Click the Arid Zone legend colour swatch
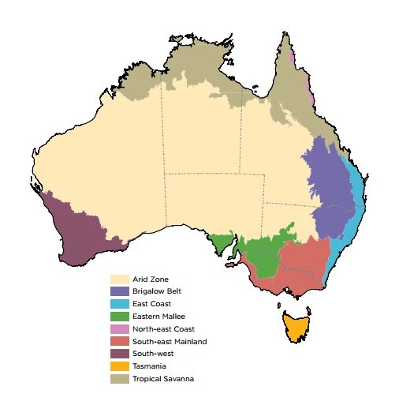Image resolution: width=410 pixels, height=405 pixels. click(120, 279)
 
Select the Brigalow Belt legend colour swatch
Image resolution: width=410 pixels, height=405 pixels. click(120, 291)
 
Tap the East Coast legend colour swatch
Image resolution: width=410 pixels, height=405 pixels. click(120, 304)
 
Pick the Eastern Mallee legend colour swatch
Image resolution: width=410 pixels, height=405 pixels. click(120, 316)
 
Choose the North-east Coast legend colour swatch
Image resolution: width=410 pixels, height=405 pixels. click(120, 328)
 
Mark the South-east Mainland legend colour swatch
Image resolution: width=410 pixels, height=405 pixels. click(120, 341)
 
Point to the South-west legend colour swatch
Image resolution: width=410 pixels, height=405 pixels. click(120, 354)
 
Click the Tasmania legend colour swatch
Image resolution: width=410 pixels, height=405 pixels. click(120, 366)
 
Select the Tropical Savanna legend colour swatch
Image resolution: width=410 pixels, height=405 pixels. click(120, 379)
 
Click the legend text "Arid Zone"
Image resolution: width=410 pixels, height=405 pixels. click(151, 279)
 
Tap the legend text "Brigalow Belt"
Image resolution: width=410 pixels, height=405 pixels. click(157, 291)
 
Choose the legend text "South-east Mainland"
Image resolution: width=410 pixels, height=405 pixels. click(170, 341)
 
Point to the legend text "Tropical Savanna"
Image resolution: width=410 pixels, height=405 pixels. click(163, 379)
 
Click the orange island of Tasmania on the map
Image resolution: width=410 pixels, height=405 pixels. click(296, 326)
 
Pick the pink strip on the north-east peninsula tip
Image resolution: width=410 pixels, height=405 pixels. click(291, 58)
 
